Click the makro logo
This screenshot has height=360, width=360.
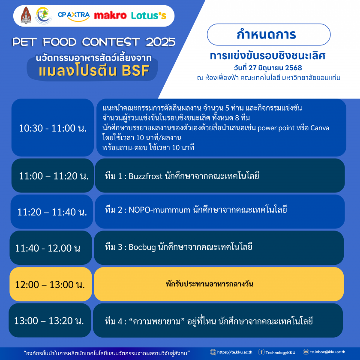pos(110,15)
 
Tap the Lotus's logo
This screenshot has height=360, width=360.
pos(149,15)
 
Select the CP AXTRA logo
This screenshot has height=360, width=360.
pos(73,16)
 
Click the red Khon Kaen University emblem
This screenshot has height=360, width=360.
pos(26,15)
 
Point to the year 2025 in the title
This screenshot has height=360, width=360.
pos(160,42)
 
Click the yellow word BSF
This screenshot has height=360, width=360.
pos(135,70)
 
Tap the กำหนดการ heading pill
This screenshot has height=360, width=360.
pos(269,34)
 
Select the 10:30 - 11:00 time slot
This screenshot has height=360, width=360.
pos(53,128)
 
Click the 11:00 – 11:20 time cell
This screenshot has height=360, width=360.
pos(53,176)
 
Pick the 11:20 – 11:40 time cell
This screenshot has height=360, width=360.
pos(52,212)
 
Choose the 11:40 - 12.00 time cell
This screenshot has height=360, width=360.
pos(51,248)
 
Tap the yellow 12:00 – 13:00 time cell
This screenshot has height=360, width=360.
pos(51,284)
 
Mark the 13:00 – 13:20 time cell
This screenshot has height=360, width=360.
pos(50,320)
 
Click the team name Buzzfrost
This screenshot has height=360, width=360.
pos(146,176)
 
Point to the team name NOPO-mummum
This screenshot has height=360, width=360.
pos(159,210)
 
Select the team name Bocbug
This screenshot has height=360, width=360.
pos(142,247)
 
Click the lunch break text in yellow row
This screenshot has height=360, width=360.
pos(210,284)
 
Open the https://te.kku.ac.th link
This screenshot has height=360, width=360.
pos(235,352)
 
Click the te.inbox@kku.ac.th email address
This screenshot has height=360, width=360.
pos(327,352)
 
